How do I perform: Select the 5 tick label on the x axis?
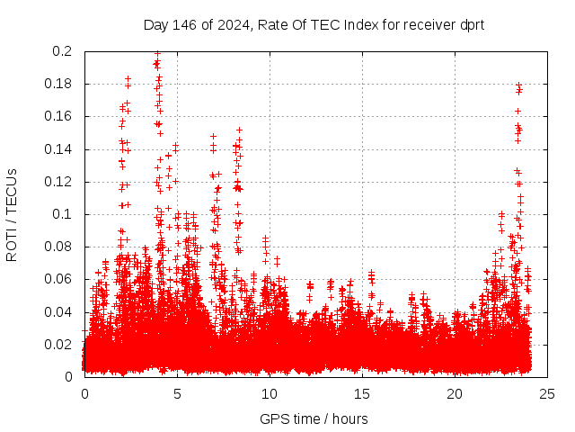(x=177, y=394)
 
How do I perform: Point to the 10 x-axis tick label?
(x=270, y=394)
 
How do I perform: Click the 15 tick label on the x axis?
(x=362, y=394)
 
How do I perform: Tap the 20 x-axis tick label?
(x=455, y=394)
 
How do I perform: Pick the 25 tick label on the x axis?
(x=547, y=394)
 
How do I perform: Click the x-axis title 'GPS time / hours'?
(x=314, y=418)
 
